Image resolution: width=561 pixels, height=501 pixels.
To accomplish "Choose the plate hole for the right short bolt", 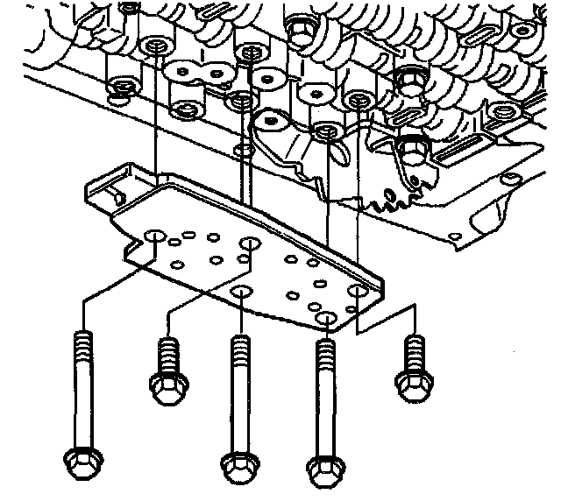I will click(357, 289).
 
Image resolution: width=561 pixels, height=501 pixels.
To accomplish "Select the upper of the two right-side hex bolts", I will click(408, 81).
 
